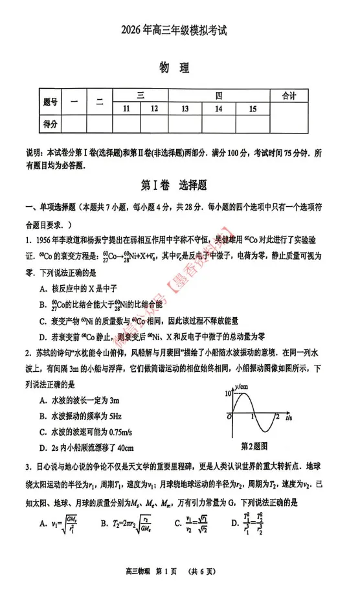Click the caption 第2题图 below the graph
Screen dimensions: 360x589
click(x=254, y=446)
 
